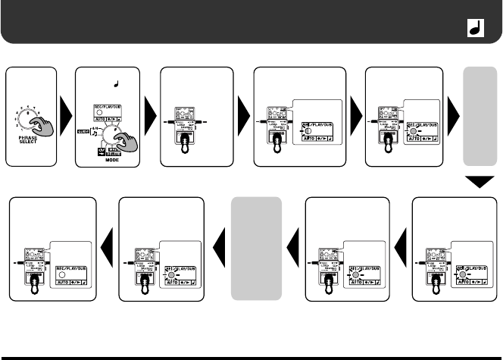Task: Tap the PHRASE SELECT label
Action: [x=28, y=146]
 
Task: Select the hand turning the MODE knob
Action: [x=126, y=142]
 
